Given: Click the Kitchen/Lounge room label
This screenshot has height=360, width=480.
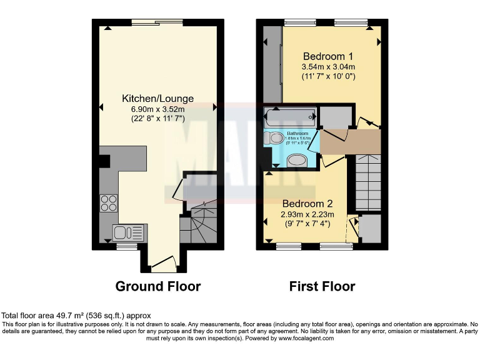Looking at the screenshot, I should [x=157, y=98].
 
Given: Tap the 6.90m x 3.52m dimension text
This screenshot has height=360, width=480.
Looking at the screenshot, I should [x=157, y=109].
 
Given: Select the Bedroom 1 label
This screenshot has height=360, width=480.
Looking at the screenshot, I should [x=328, y=55].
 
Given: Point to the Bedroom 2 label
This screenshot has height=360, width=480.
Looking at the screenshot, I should [x=307, y=204].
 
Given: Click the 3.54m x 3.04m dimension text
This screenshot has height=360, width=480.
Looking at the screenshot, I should [x=328, y=67].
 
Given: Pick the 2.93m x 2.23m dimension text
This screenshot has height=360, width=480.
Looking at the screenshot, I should [x=307, y=214].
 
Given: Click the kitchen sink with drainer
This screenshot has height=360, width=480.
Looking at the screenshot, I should [x=129, y=232].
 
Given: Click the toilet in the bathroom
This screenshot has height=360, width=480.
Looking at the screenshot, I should [x=272, y=138].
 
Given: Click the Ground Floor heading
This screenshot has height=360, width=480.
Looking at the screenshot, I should [x=158, y=287].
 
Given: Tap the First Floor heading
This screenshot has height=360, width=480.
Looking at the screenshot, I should [x=322, y=287].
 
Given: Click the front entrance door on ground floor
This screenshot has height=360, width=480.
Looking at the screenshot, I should [x=164, y=265].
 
